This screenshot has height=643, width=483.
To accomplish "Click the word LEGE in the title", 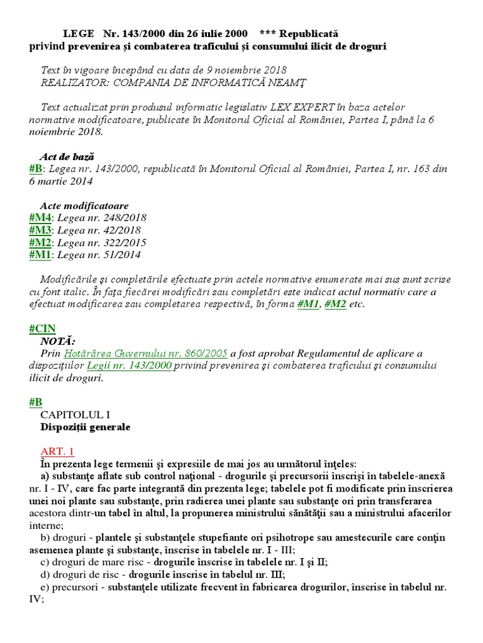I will click(x=79, y=33).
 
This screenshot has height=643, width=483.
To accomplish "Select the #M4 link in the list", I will click(x=40, y=217).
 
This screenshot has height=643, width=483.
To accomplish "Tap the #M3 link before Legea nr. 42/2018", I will click(x=40, y=230).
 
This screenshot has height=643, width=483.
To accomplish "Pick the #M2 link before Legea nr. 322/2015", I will click(x=40, y=242).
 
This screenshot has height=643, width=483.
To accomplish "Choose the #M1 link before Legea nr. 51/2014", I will click(x=40, y=255).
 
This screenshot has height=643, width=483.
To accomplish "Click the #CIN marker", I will click(x=43, y=328).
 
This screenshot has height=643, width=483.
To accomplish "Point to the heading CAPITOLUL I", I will click(x=75, y=414).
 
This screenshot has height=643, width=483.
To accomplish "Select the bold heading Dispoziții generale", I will click(x=86, y=427).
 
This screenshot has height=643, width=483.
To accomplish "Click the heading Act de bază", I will click(x=67, y=156).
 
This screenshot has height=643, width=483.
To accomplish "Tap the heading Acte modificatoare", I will click(x=84, y=205).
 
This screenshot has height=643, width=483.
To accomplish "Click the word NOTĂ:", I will click(x=58, y=341).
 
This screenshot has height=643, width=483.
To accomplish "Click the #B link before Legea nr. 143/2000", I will click(x=36, y=169).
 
